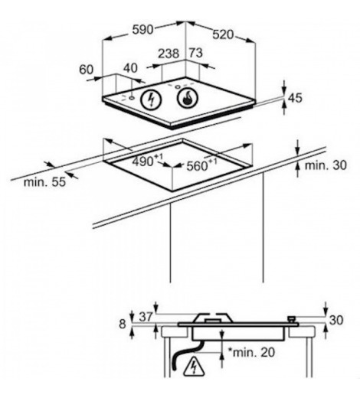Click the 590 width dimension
pos(143,30)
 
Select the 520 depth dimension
pos(223,34)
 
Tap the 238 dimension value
pos(169,54)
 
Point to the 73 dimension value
pos(196,53)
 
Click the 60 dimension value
pos(87,70)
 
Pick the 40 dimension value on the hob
pos(130,68)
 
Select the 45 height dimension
pos(295,98)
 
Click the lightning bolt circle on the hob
pos(152,99)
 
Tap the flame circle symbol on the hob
pos(187,98)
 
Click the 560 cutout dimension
pos(201,165)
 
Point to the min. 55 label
pos(44,182)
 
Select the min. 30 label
pos(326,165)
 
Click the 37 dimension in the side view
pos(146,317)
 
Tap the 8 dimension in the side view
pos(123,324)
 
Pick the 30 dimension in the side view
pos(336,320)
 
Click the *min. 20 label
pos(251,352)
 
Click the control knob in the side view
pos(291,319)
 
